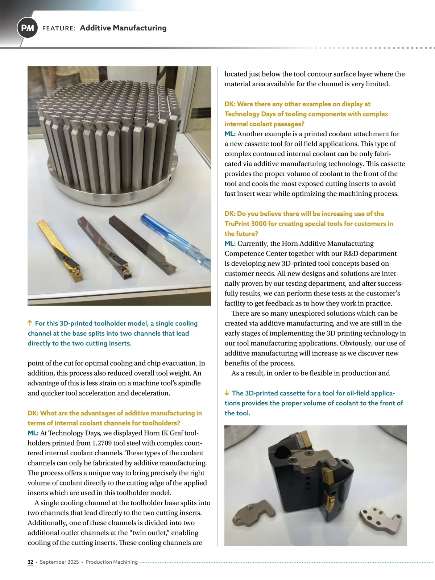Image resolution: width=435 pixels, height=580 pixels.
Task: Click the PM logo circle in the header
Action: point(27,28)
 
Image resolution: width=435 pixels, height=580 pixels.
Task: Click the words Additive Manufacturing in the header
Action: point(123,28)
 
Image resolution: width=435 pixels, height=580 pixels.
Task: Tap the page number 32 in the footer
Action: point(30,562)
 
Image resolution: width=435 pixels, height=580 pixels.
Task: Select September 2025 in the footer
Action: point(59,562)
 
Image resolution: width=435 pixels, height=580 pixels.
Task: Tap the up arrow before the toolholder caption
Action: point(30,323)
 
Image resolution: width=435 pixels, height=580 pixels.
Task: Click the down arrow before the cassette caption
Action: point(227,393)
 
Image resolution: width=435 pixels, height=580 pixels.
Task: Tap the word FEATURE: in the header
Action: point(59,28)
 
